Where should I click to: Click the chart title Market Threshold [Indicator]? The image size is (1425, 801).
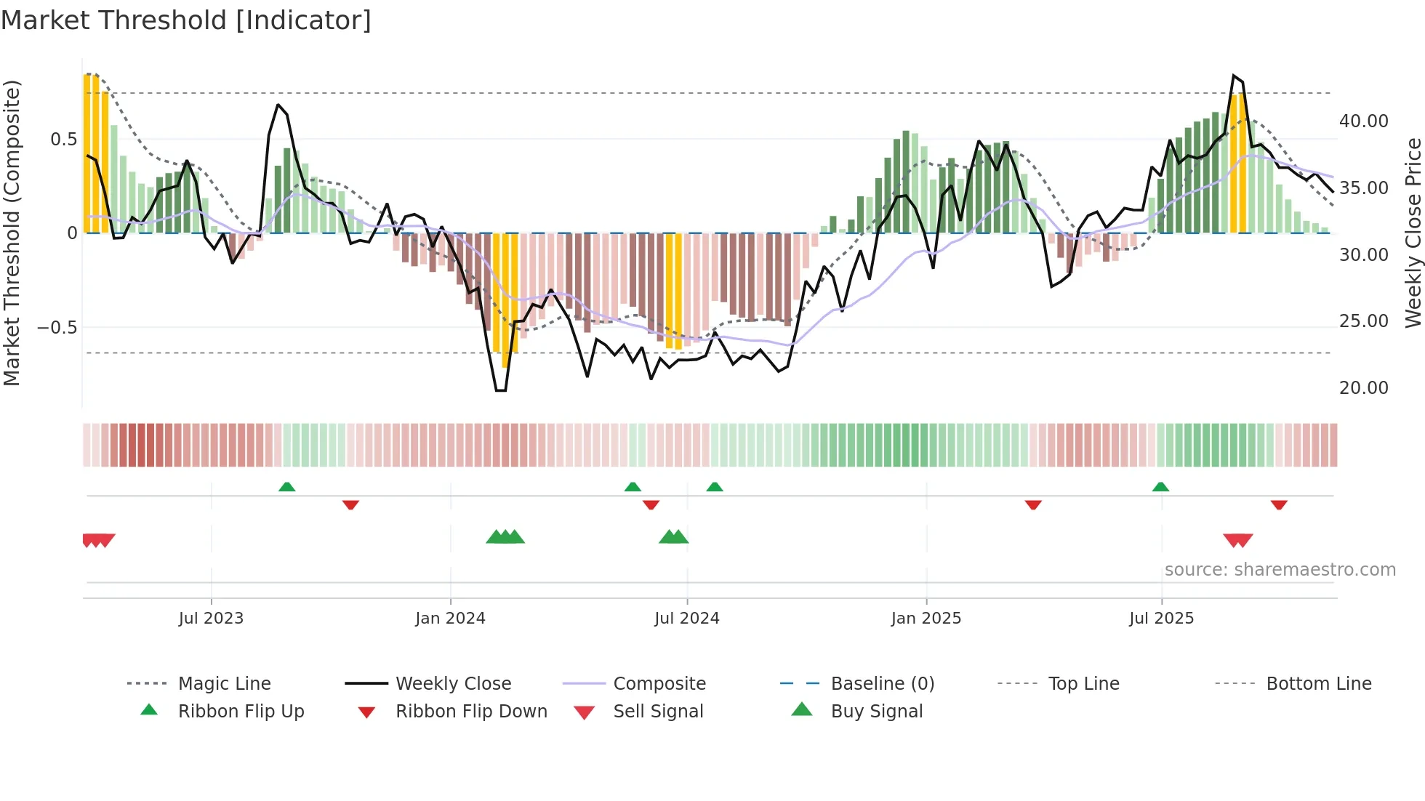186,20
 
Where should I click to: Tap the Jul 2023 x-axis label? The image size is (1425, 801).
211,618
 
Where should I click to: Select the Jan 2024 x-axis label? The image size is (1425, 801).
450,618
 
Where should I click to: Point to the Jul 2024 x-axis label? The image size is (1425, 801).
686,618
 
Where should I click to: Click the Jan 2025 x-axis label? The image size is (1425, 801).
926,618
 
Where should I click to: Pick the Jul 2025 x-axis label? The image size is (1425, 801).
1161,618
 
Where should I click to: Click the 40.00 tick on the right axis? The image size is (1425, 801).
1363,121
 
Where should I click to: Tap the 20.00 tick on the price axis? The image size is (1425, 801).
1363,388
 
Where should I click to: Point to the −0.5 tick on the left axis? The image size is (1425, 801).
57,328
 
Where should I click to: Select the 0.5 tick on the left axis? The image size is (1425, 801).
63,140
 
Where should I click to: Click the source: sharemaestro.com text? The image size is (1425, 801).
1280,570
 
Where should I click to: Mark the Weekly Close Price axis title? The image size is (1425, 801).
1413,233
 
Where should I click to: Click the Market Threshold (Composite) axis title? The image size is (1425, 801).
12,233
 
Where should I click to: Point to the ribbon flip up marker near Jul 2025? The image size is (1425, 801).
1160,487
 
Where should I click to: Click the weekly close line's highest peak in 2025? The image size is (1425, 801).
1234,76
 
